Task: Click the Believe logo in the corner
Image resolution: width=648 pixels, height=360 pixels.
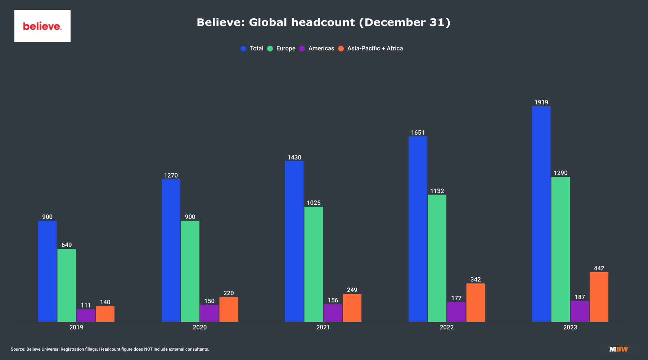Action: tap(42, 26)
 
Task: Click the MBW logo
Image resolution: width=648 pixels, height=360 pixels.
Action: tap(618, 349)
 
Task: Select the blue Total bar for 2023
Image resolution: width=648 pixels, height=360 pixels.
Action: tap(541, 214)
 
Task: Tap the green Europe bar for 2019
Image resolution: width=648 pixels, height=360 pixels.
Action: tap(67, 285)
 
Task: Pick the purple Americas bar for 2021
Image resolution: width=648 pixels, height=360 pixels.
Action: tap(333, 313)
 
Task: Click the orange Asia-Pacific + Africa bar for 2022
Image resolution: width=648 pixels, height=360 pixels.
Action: tap(475, 302)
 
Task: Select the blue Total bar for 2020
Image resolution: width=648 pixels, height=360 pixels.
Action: tap(171, 250)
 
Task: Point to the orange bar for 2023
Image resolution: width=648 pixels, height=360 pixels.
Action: tap(599, 297)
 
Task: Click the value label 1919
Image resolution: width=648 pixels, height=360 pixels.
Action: tap(541, 103)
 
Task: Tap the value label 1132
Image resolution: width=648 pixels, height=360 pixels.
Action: tap(437, 191)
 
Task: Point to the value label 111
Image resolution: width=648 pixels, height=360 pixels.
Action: tap(86, 305)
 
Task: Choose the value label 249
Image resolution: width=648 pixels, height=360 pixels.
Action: tap(352, 290)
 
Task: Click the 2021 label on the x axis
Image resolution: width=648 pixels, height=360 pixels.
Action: tap(323, 327)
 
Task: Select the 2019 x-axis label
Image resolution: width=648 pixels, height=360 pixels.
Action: tap(76, 327)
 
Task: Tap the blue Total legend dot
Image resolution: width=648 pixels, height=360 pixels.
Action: tap(243, 49)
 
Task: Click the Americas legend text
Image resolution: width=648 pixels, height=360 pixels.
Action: tap(321, 49)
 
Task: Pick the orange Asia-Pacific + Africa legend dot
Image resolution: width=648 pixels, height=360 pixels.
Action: tap(341, 49)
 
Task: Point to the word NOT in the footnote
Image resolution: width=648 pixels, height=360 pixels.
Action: tap(148, 349)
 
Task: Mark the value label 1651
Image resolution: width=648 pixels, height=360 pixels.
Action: tap(418, 132)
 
